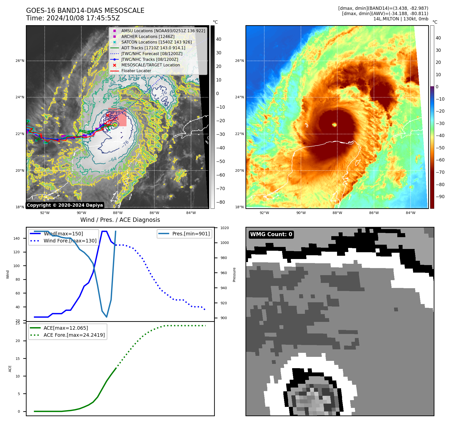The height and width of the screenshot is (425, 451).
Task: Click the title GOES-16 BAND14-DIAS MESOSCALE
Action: [85, 11]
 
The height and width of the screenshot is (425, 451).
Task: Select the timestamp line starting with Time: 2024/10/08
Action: [73, 18]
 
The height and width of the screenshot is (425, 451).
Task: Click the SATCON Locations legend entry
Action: [156, 42]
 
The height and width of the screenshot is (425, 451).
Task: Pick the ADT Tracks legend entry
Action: [153, 48]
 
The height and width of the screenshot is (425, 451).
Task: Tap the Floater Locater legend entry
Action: [136, 71]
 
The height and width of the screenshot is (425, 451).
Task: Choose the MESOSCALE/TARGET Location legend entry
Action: [150, 65]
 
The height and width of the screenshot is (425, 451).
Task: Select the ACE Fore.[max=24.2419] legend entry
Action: [74, 335]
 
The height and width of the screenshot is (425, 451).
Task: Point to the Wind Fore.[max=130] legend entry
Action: [70, 241]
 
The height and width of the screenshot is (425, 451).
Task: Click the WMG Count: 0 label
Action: [271, 234]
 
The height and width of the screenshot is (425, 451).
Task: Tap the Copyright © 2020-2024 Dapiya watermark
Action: [65, 205]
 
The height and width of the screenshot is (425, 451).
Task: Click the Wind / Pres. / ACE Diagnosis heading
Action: [120, 220]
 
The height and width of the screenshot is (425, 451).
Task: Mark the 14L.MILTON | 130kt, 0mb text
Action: [401, 19]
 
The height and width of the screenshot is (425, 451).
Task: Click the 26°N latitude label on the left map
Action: [20, 61]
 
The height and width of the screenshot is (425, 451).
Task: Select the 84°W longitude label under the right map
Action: [410, 213]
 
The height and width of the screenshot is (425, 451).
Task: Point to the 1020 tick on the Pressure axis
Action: [224, 228]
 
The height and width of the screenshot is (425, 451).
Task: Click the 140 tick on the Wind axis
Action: [17, 238]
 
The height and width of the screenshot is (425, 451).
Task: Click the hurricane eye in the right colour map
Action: [334, 124]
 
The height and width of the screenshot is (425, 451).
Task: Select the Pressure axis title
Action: [234, 275]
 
